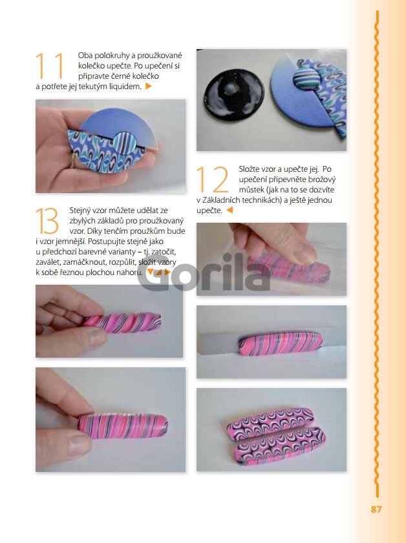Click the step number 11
pos(50,66)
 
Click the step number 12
pos(212,179)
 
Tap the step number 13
pos(47,221)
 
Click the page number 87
pos(376,509)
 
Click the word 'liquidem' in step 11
pos(125,87)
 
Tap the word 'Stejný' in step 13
pos(80,210)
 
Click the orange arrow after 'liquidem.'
pos(149,87)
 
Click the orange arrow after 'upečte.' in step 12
pos(230,210)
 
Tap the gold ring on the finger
pos(74,161)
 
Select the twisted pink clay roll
pos(122,322)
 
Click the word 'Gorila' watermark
pos(204,272)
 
